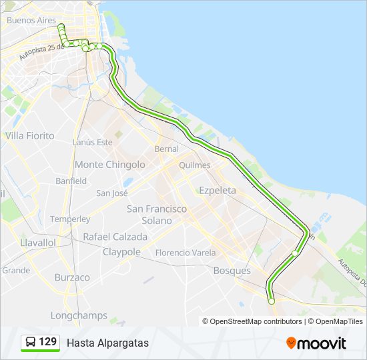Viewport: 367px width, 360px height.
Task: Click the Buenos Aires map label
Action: coord(31,20)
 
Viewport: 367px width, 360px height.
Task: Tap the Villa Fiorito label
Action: coord(29,135)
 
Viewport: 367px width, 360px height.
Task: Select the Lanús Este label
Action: coord(92,142)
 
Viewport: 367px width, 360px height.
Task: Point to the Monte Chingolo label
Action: coord(109,164)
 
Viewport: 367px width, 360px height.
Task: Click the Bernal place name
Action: coord(166,148)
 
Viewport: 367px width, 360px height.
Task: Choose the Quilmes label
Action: coord(194,165)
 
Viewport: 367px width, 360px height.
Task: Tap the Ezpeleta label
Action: coord(218,190)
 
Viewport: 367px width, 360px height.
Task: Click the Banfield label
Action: coord(71,181)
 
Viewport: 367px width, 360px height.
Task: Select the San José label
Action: coord(111,193)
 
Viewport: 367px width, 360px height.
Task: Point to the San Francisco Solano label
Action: coord(157,214)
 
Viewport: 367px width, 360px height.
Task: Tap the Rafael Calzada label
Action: coord(115,237)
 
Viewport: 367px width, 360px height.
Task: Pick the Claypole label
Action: coord(121,252)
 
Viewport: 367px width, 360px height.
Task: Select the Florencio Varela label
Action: coord(185,253)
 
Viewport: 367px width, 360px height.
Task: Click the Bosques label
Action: coord(232,271)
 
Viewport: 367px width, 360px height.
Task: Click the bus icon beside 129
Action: coord(31,343)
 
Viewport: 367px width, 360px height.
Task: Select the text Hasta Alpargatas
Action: coord(107,343)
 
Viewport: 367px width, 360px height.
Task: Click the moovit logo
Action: coord(316,343)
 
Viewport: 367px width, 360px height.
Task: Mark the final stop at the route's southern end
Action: coord(272,301)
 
